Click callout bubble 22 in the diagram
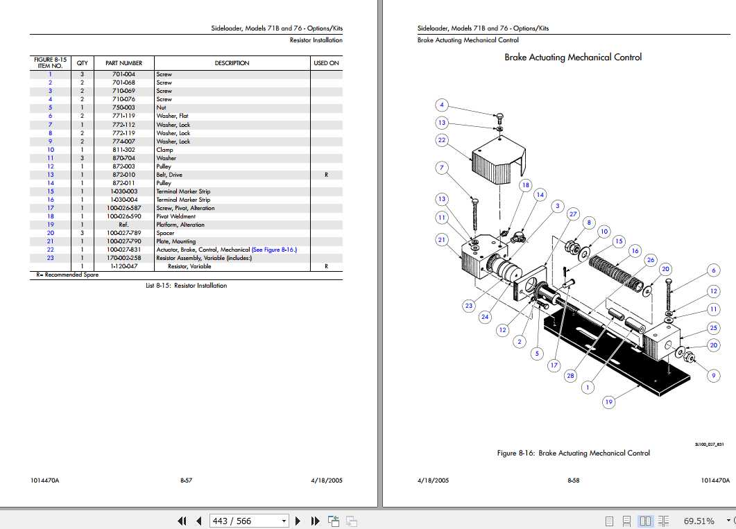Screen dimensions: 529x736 pyautogui.click(x=442, y=140)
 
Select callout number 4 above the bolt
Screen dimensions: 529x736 pyautogui.click(x=442, y=105)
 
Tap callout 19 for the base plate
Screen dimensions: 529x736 pyautogui.click(x=608, y=402)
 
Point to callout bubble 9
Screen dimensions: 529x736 pyautogui.click(x=713, y=376)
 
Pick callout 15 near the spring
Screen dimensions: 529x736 pyautogui.click(x=619, y=241)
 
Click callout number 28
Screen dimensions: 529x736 pyautogui.click(x=570, y=376)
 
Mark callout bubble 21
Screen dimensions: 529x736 pyautogui.click(x=442, y=240)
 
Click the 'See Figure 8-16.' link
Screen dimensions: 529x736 pyautogui.click(x=274, y=250)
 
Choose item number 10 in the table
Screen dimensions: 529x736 pyautogui.click(x=50, y=150)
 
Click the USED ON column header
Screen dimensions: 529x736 pyautogui.click(x=326, y=63)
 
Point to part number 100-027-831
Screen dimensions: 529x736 pyautogui.click(x=123, y=250)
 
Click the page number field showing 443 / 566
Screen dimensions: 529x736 pyautogui.click(x=243, y=521)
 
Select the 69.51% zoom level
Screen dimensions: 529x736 pyautogui.click(x=699, y=521)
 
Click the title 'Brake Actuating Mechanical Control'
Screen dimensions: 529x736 pyautogui.click(x=572, y=58)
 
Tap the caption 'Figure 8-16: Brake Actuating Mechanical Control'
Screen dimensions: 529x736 pyautogui.click(x=573, y=453)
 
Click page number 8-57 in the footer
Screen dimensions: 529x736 pyautogui.click(x=186, y=480)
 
